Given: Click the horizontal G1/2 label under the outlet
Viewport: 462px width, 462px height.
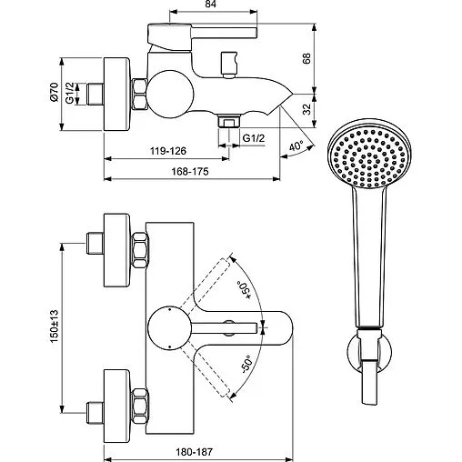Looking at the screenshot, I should [255, 137].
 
